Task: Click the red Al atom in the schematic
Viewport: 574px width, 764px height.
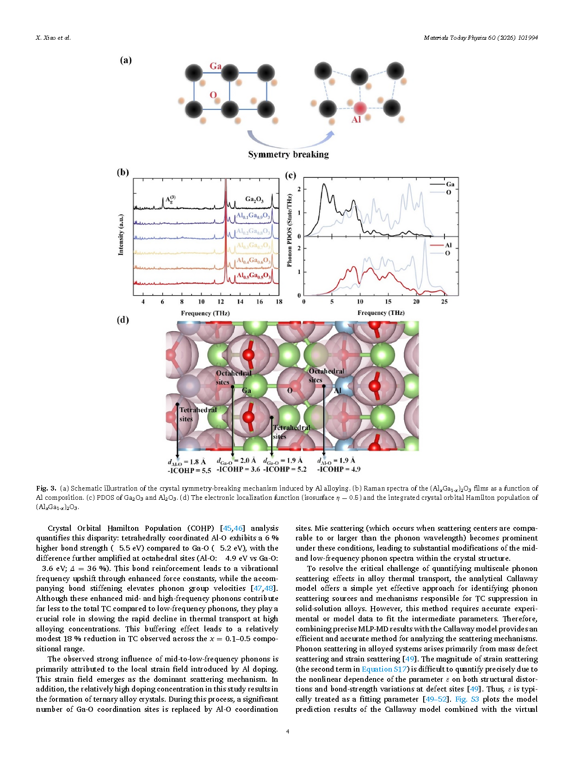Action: pos(360,108)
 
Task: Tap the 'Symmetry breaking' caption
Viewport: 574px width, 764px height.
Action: pos(288,154)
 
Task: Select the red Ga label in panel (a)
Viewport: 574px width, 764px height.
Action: pos(216,66)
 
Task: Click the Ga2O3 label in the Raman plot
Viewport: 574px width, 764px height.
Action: pos(254,199)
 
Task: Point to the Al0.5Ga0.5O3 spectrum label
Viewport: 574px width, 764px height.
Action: pos(253,276)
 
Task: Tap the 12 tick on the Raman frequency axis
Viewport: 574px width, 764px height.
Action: pos(221,302)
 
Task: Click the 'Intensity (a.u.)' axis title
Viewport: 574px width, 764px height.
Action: pos(121,234)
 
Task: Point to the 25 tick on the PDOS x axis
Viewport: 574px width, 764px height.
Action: pos(444,302)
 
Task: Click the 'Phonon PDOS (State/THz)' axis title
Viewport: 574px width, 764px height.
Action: pos(290,230)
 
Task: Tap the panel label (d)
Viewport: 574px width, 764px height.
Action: pos(123,320)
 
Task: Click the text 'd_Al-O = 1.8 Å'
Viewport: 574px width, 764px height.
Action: pos(187,461)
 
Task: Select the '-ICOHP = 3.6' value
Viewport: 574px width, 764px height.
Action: pos(238,469)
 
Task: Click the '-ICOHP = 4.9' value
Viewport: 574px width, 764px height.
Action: pos(339,469)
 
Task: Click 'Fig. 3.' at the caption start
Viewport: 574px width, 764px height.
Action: pos(46,488)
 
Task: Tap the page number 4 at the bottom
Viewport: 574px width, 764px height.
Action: pos(288,731)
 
